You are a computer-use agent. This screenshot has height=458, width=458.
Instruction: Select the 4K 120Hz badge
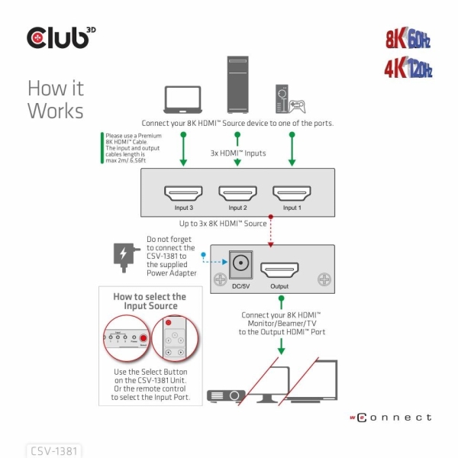point(408,69)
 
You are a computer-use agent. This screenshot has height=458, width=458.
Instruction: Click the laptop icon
point(183,98)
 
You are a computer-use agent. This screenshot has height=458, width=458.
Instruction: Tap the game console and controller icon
point(289,97)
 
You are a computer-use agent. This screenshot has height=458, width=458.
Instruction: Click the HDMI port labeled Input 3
point(183,192)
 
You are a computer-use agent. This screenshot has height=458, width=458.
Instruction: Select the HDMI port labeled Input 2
point(237,192)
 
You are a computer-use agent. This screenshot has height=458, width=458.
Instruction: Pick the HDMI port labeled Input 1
point(292,192)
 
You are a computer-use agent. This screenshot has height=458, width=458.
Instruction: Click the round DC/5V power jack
point(242,266)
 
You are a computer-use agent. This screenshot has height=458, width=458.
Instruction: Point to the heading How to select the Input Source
point(150,301)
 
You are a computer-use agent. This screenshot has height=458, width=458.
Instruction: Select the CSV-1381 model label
point(53,450)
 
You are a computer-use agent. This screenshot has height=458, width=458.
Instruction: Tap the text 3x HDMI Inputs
point(238,153)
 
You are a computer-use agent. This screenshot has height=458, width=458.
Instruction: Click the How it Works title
point(55,99)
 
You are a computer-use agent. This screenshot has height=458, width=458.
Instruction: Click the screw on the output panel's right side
point(324,279)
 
